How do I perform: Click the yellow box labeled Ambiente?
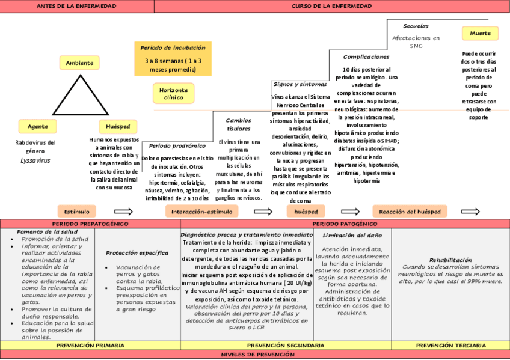click(x=79, y=63)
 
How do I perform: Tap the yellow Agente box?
click(x=38, y=127)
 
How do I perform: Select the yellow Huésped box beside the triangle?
click(x=118, y=127)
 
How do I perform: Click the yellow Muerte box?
click(x=480, y=34)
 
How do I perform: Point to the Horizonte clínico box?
click(x=173, y=93)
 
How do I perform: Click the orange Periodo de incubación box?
click(x=173, y=59)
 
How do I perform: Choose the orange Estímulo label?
click(x=77, y=212)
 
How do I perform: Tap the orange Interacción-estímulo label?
click(x=201, y=212)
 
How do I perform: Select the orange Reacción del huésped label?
click(x=410, y=212)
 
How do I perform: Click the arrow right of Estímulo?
click(x=123, y=212)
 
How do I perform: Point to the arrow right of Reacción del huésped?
click(x=470, y=212)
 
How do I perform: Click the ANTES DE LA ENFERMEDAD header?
click(x=77, y=6)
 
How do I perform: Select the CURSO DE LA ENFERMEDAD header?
click(x=331, y=6)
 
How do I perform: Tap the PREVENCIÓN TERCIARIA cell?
click(x=451, y=346)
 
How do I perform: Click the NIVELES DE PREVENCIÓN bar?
click(x=255, y=355)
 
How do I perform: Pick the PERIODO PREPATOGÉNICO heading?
click(x=90, y=224)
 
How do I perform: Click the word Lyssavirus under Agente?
click(x=35, y=160)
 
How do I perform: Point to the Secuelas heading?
click(x=416, y=26)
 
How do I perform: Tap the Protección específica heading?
click(x=137, y=253)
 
